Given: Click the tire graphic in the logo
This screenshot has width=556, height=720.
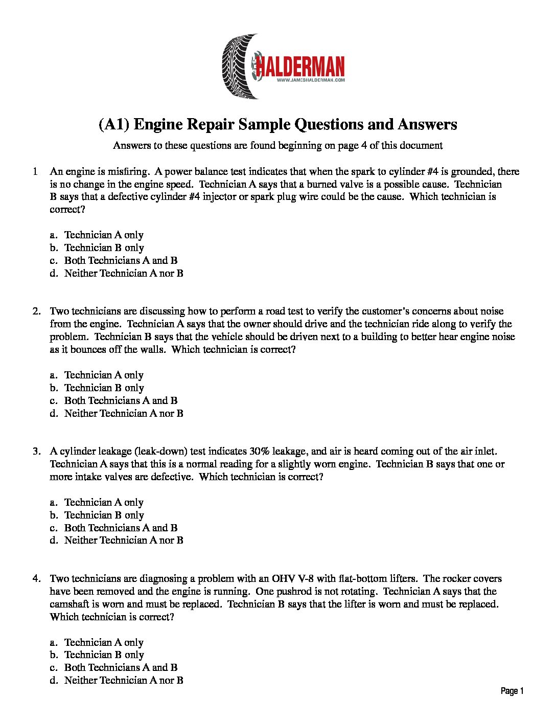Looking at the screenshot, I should point(239,66).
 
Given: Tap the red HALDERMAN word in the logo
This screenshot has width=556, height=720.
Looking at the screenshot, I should point(300,66).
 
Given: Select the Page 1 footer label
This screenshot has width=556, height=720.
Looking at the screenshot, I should point(512,691).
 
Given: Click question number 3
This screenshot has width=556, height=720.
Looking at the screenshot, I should point(36,451).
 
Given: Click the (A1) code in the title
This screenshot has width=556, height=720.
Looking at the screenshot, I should point(113,124).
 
